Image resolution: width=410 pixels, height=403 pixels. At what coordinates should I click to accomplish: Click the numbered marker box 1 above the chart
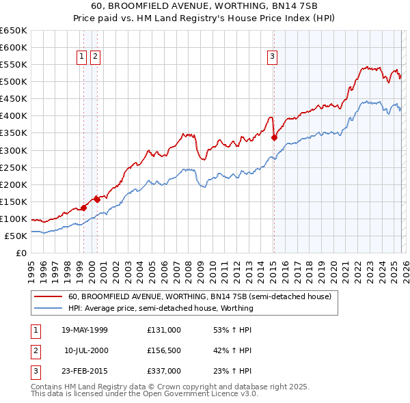click(81, 57)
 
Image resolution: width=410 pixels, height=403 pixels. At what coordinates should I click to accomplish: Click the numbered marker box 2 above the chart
click(95, 57)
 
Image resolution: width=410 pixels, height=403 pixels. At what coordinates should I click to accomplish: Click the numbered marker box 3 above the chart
click(272, 57)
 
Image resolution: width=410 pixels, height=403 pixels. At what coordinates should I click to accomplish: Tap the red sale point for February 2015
click(274, 137)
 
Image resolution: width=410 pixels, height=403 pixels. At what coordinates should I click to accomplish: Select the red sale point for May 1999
click(83, 208)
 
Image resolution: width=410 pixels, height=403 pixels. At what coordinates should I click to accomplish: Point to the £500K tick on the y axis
click(14, 82)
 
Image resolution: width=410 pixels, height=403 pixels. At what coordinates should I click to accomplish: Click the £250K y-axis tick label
click(14, 167)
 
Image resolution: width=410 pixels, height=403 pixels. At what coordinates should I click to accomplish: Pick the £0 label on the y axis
click(21, 253)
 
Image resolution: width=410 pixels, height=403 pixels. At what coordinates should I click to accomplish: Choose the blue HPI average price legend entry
click(161, 308)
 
